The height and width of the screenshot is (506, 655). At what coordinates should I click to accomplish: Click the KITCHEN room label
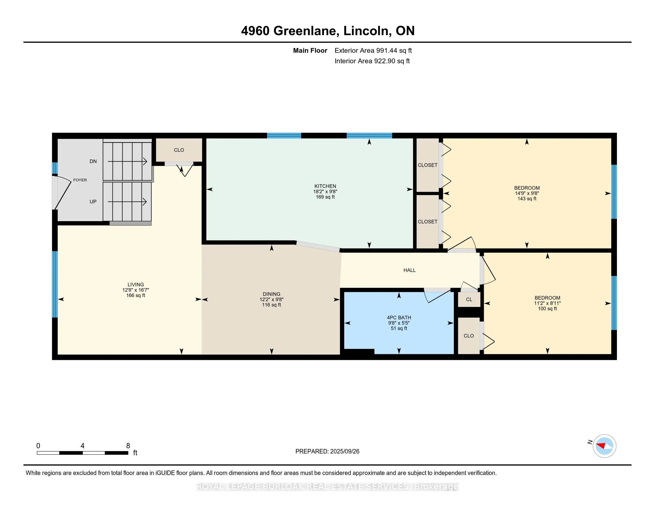[325, 186]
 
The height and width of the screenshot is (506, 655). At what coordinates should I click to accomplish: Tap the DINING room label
[272, 294]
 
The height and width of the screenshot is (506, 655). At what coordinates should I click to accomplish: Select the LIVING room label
[135, 285]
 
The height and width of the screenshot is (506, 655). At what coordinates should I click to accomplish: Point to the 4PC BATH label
[399, 318]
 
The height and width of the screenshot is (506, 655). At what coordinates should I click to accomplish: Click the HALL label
[409, 270]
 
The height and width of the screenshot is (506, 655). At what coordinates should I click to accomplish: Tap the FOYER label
[80, 180]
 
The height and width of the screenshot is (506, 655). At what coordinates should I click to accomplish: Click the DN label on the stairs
[93, 161]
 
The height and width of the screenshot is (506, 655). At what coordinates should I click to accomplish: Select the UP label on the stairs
[93, 202]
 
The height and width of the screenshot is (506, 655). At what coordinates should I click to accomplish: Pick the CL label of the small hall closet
[469, 299]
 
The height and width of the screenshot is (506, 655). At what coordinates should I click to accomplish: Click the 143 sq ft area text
[527, 199]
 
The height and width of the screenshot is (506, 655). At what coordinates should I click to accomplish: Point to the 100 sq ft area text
[547, 308]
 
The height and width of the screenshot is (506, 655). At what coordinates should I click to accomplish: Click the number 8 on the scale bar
[128, 446]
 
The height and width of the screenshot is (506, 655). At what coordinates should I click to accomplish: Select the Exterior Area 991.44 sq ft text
[373, 50]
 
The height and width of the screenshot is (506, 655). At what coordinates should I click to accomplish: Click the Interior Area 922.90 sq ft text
[372, 61]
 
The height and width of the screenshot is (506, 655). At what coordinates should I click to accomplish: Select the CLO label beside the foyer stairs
[179, 150]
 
